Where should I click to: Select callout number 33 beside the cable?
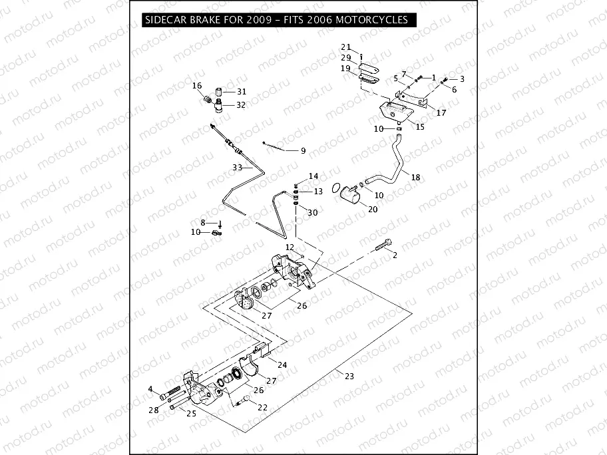point(238,167)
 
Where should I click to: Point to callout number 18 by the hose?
point(415,178)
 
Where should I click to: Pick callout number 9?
point(303,151)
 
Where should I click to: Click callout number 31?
point(241,92)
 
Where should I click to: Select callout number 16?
point(197,86)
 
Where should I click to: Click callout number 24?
point(282,365)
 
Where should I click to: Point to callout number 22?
point(262,407)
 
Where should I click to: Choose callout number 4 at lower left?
point(151,389)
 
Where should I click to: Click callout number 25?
point(191,414)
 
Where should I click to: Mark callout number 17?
point(441,113)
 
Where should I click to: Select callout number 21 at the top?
point(345,47)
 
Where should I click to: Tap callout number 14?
point(313,176)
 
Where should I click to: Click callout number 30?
point(313,212)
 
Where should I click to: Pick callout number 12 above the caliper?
point(290,247)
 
